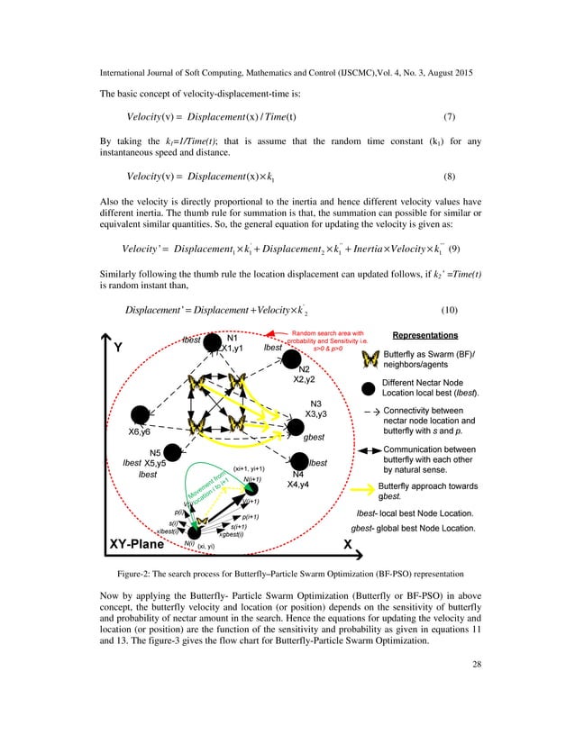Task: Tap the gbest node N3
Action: click(x=296, y=426)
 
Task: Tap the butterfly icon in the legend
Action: click(x=369, y=360)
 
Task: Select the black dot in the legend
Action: click(x=368, y=390)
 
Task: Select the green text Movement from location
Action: click(x=205, y=492)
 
